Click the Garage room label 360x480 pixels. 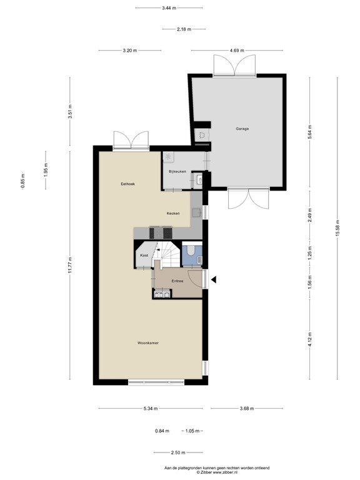point(242,129)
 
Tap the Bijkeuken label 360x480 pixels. point(177,171)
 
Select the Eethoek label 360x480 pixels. point(128,184)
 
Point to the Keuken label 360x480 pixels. point(173,214)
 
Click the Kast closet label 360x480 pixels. point(144,256)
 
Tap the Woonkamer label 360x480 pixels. point(147,343)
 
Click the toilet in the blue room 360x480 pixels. point(191,251)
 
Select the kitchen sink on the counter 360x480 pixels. point(196,212)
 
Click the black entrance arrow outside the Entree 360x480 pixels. point(212,279)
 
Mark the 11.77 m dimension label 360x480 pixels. point(71,266)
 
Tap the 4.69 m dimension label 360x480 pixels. point(237,51)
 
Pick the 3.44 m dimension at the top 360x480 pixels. point(168,8)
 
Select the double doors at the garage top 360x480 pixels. point(234,64)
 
